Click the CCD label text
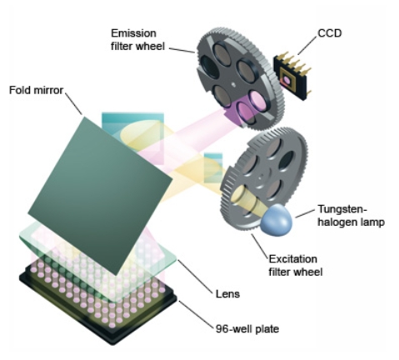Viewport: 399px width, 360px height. pyautogui.click(x=330, y=33)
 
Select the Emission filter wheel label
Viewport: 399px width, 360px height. pyautogui.click(x=137, y=40)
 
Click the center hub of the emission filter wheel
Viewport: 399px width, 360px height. pyautogui.click(x=233, y=83)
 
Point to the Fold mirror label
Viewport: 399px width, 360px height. pyautogui.click(x=37, y=90)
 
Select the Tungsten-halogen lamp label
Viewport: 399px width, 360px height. pyautogui.click(x=351, y=216)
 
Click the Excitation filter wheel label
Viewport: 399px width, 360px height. pyautogui.click(x=296, y=265)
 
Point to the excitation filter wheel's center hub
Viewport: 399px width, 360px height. pyautogui.click(x=261, y=177)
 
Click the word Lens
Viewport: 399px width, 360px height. pyautogui.click(x=227, y=294)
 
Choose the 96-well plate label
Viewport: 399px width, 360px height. pyautogui.click(x=247, y=329)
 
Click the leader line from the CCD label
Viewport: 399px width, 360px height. pyautogui.click(x=307, y=46)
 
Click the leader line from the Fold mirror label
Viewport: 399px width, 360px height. pyautogui.click(x=74, y=104)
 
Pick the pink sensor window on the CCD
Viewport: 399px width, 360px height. pyautogui.click(x=287, y=80)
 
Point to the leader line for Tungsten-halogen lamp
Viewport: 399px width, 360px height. pyautogui.click(x=305, y=213)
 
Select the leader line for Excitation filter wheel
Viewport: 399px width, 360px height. pyautogui.click(x=260, y=245)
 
